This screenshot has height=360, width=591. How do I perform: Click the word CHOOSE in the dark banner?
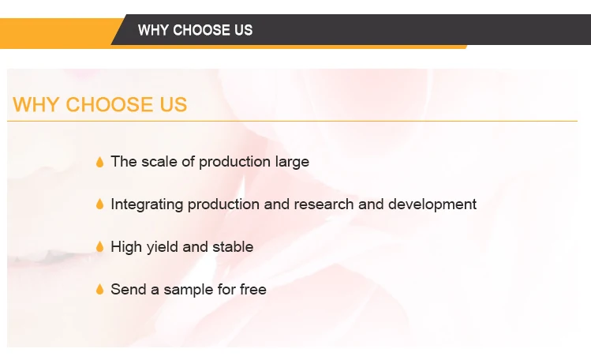[x=201, y=30]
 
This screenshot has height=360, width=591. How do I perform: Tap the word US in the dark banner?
[x=244, y=30]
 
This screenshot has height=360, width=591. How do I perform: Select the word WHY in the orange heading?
[x=36, y=104]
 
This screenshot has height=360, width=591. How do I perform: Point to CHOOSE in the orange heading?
[x=110, y=104]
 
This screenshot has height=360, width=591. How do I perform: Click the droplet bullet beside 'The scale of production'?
[x=100, y=162]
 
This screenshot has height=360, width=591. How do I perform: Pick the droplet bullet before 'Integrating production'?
[x=100, y=204]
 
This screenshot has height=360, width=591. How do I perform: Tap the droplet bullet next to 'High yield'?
[x=100, y=247]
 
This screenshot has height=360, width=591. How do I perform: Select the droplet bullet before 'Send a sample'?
[x=100, y=290]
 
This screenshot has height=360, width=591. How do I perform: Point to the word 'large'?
[x=292, y=163]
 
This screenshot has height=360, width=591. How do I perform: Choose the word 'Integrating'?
[x=147, y=204]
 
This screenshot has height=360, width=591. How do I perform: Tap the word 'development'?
[x=432, y=204]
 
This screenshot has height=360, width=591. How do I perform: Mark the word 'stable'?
[x=233, y=247]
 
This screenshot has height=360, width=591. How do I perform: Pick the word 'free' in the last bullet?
[x=253, y=290]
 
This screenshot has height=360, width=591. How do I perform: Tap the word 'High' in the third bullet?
[x=126, y=247]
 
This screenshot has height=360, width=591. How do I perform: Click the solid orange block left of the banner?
[x=57, y=33]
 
